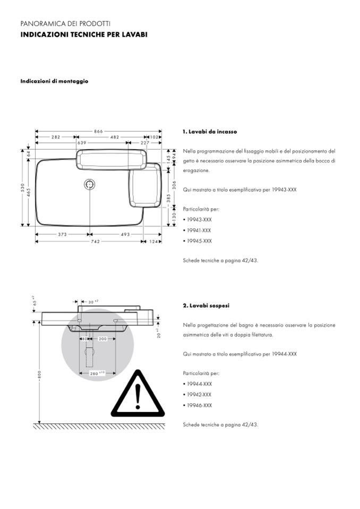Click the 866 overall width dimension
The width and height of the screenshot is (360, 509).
click(x=99, y=131)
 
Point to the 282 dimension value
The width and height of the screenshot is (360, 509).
click(x=56, y=137)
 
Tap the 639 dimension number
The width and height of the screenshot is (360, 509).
click(x=82, y=143)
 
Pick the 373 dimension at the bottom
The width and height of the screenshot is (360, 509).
click(x=62, y=234)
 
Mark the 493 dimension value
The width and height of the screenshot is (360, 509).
click(x=125, y=234)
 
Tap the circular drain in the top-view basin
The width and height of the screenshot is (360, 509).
click(x=89, y=185)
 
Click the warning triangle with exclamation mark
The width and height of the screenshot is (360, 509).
click(x=137, y=393)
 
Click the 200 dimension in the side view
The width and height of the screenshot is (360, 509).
click(x=102, y=339)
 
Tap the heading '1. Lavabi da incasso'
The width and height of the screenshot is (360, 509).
click(x=209, y=132)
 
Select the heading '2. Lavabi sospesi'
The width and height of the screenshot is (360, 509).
click(x=206, y=306)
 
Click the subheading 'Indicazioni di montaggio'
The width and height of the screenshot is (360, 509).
click(x=54, y=81)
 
